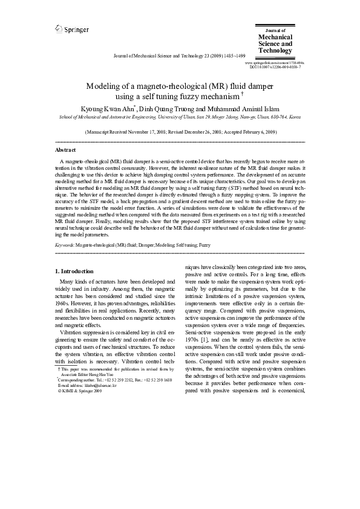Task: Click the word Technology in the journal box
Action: point(275,51)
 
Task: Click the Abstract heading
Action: point(65,149)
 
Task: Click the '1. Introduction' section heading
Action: point(74,271)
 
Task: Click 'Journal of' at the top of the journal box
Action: point(276,29)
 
